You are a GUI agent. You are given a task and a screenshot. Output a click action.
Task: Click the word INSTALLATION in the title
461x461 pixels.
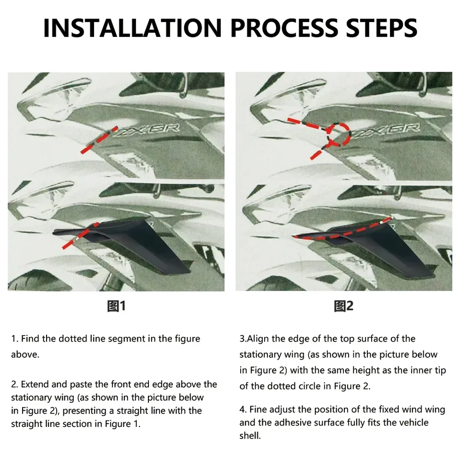133,28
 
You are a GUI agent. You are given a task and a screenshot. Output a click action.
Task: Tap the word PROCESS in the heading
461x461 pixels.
285,28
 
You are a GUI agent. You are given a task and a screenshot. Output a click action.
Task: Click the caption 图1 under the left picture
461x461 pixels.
116,306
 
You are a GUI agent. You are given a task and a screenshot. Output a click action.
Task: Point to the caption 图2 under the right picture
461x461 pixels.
343,306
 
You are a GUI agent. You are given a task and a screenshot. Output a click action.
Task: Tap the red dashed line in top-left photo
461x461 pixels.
99,140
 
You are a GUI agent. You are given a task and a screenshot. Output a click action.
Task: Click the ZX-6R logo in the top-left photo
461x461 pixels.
147,130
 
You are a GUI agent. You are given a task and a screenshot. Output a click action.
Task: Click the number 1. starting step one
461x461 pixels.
15,339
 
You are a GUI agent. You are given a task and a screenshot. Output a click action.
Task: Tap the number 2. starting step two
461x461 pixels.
15,384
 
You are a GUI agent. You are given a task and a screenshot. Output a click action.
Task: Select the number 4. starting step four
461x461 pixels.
243,409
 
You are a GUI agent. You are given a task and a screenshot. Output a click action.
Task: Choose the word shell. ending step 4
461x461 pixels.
250,436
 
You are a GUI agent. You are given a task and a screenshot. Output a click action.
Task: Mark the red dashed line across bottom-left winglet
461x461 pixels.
80,235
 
